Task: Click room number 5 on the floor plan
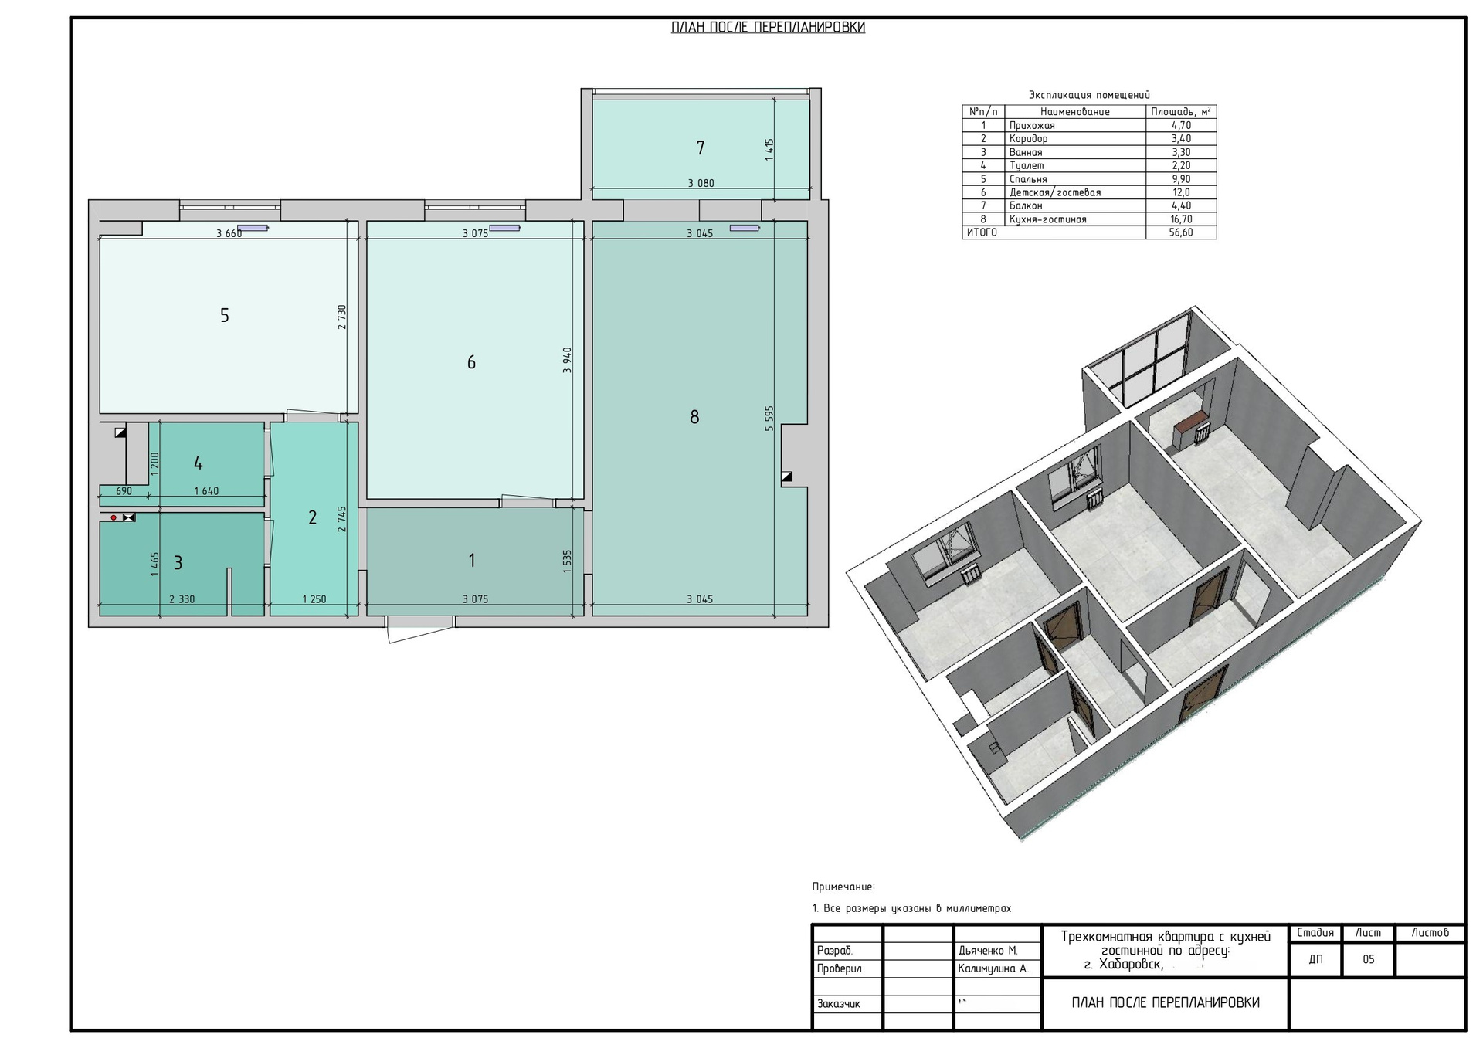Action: (225, 315)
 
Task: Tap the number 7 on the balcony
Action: (701, 148)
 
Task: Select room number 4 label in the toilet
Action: (199, 463)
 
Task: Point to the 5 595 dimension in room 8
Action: (769, 418)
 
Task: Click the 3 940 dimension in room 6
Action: (568, 360)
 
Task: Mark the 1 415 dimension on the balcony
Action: (769, 149)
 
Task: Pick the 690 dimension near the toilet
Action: (124, 491)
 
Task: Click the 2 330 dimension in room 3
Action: (182, 599)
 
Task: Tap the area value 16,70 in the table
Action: (1181, 219)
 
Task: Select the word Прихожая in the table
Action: (1032, 125)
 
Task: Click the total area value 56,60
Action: (1181, 232)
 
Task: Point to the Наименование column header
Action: (1074, 112)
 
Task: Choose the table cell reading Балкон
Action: (1026, 206)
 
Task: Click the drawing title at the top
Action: (768, 28)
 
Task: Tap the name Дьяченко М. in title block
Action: (988, 951)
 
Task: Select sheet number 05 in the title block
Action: (1369, 960)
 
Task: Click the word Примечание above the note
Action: (843, 887)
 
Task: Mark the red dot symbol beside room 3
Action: (114, 517)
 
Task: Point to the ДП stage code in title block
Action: (1315, 960)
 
